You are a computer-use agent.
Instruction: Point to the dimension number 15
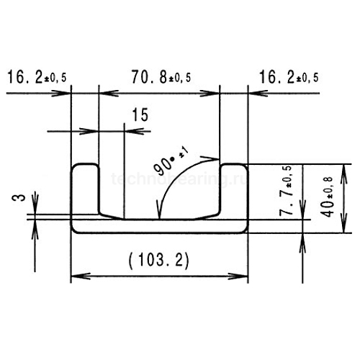[141, 114]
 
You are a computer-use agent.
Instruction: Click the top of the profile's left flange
[85, 166]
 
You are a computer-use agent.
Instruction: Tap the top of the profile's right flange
[234, 166]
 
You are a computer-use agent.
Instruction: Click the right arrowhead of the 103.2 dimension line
[243, 276]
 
